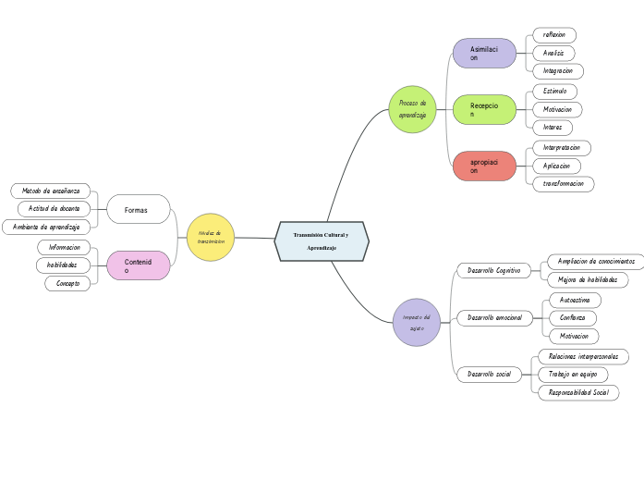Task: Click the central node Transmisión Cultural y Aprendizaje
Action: click(322, 241)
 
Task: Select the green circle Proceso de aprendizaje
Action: click(412, 109)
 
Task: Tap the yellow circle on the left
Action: click(210, 238)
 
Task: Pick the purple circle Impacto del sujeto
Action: click(416, 322)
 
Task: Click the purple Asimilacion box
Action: click(484, 53)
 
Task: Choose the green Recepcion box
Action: click(484, 110)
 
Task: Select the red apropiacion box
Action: click(484, 166)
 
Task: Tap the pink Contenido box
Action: click(138, 265)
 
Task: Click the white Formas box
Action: click(138, 210)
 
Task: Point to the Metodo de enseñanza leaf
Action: click(51, 191)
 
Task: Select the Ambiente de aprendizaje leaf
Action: click(46, 227)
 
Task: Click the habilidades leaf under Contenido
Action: click(63, 265)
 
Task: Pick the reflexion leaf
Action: click(554, 34)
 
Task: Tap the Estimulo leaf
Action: click(555, 92)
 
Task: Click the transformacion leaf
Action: click(563, 183)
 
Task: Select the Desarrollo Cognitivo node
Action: click(493, 270)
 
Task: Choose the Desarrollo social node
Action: click(490, 375)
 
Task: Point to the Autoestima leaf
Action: click(575, 300)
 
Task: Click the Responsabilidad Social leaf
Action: click(578, 392)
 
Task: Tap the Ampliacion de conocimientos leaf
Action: click(595, 261)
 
